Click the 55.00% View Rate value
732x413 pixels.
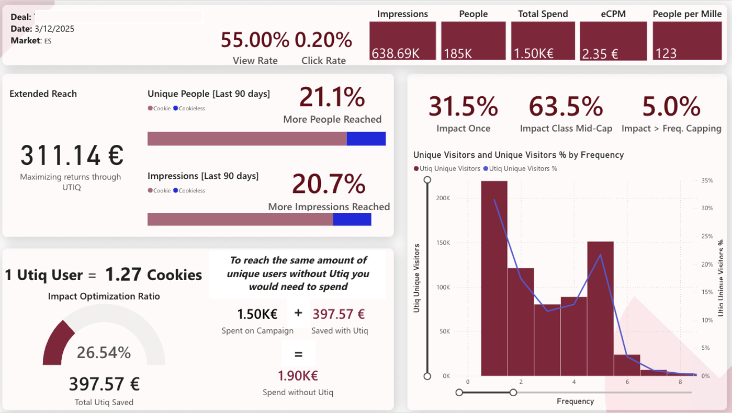[255, 40]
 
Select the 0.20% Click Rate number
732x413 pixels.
[323, 40]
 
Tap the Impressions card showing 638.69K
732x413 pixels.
[402, 41]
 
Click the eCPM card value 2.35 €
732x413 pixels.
[613, 41]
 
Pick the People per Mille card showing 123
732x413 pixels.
[687, 41]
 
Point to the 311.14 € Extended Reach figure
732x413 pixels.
[72, 155]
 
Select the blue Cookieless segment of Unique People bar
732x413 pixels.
[366, 139]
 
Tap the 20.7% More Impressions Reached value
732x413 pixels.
[329, 183]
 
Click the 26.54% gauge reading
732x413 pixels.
[104, 352]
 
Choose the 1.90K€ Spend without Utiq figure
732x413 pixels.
[298, 375]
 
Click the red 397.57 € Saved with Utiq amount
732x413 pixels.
[339, 314]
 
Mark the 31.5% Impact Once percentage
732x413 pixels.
[463, 107]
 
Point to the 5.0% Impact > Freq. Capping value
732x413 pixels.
[671, 107]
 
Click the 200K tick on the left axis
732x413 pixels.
[443, 199]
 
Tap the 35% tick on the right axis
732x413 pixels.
[706, 180]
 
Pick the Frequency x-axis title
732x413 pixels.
[575, 401]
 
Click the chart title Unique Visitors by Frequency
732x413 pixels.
[518, 155]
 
